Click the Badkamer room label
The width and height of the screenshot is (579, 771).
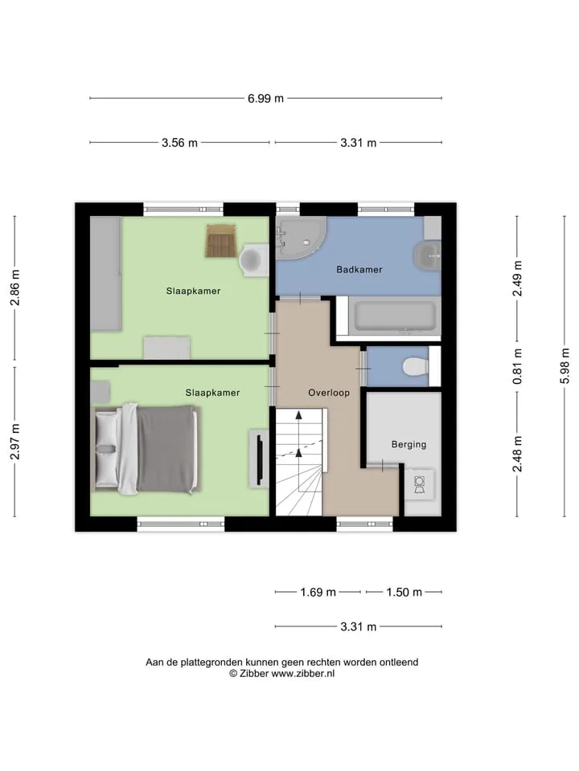[x=359, y=270]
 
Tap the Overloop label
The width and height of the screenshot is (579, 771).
[x=329, y=393]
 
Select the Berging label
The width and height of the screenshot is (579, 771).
[x=409, y=444]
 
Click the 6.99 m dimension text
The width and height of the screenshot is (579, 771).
[x=265, y=98]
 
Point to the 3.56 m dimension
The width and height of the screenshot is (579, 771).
[x=179, y=143]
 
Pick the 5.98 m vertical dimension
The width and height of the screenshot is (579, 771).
[x=565, y=366]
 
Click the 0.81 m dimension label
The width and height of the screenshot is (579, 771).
[x=517, y=366]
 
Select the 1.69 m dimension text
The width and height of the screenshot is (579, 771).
[x=318, y=592]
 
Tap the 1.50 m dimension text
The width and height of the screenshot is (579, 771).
[x=404, y=592]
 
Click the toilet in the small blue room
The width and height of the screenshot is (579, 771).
[x=415, y=366]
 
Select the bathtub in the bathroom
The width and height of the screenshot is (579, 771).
[x=394, y=316]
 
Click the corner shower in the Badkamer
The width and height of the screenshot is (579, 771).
[x=300, y=238]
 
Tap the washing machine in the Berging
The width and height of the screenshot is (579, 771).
[x=420, y=484]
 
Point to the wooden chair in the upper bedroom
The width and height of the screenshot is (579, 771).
[x=221, y=240]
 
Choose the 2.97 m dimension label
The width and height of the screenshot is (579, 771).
[x=14, y=442]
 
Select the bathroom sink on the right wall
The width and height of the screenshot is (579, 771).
[x=427, y=255]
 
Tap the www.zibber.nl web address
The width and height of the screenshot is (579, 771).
[x=303, y=674]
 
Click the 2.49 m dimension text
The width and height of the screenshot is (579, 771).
[x=517, y=279]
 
